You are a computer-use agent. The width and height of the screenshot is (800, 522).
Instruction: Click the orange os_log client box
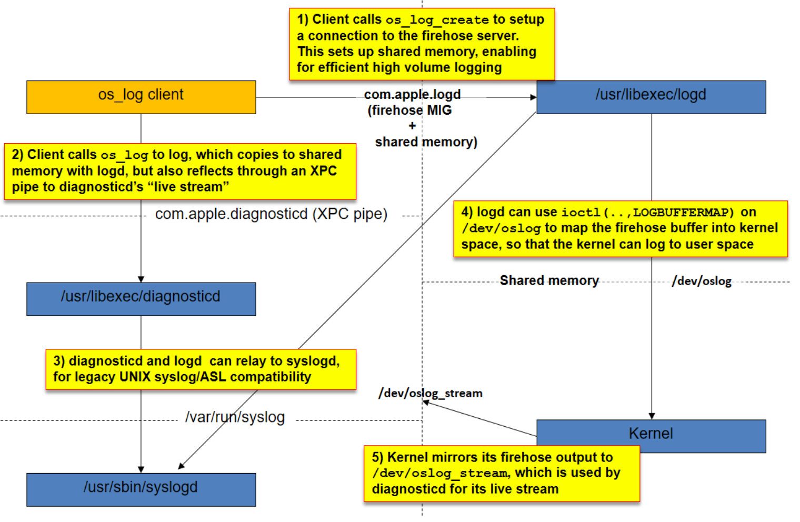pyautogui.click(x=141, y=97)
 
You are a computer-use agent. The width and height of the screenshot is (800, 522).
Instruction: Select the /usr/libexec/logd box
pyautogui.click(x=651, y=97)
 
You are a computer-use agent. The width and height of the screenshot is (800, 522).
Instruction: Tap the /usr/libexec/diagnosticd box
pyautogui.click(x=141, y=299)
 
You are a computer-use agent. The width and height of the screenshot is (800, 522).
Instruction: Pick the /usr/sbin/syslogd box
pyautogui.click(x=141, y=489)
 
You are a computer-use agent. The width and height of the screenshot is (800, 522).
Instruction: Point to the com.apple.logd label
pyautogui.click(x=412, y=94)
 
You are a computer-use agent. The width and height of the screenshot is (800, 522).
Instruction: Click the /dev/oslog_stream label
pyautogui.click(x=430, y=393)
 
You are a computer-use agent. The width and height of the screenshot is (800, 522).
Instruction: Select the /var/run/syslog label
pyautogui.click(x=235, y=417)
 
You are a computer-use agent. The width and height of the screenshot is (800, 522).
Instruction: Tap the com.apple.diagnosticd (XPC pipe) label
pyautogui.click(x=271, y=214)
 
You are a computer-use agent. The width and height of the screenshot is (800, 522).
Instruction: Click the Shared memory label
pyautogui.click(x=549, y=280)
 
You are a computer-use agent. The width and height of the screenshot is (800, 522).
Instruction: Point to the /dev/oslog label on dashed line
pyautogui.click(x=701, y=281)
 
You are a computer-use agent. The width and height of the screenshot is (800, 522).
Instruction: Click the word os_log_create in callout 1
pyautogui.click(x=437, y=20)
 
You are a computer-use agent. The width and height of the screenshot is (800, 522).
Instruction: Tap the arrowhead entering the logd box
pyautogui.click(x=533, y=97)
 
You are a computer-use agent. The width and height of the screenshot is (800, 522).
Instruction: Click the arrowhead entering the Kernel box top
pyautogui.click(x=652, y=416)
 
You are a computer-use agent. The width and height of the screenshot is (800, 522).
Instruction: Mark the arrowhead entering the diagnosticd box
pyautogui.click(x=141, y=279)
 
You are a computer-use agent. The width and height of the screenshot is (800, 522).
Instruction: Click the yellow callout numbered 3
pyautogui.click(x=201, y=369)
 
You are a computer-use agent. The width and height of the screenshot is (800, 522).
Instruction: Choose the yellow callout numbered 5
pyautogui.click(x=501, y=473)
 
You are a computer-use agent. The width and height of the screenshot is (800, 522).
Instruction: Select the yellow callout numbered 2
pyautogui.click(x=179, y=171)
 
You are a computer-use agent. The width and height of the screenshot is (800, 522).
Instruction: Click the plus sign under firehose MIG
pyautogui.click(x=412, y=126)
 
